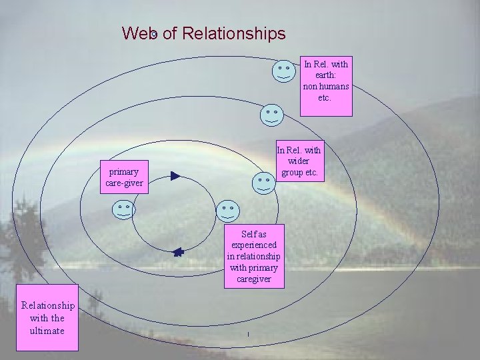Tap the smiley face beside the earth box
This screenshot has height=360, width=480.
[x=284, y=71]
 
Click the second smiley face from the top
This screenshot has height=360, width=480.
[x=271, y=115]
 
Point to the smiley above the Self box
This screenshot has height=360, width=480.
[x=228, y=211]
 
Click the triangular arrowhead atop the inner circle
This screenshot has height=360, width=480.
[x=175, y=176]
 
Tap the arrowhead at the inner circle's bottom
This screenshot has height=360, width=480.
[x=178, y=252]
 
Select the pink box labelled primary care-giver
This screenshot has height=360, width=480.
[x=123, y=177]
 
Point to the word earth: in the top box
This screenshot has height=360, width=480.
[x=326, y=75]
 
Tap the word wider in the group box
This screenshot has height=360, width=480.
[x=299, y=162]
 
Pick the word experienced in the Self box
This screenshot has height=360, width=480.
[x=254, y=245]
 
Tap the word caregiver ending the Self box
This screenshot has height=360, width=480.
[x=254, y=279]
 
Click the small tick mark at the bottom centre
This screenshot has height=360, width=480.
[x=247, y=333]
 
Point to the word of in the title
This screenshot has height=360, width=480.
[x=169, y=33]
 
